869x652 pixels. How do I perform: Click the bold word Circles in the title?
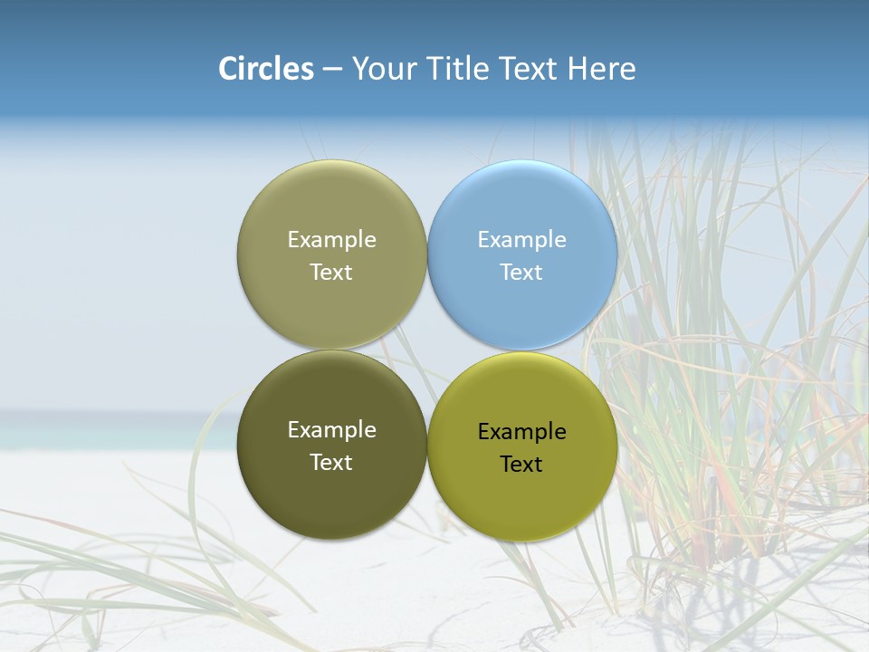tap(266, 69)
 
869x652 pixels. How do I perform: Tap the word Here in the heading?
tap(602, 69)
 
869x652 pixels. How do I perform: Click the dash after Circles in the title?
tap(332, 70)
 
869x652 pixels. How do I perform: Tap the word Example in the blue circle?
tap(522, 240)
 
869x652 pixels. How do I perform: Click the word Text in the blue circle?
tap(522, 273)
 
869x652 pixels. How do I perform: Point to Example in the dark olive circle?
tap(331, 430)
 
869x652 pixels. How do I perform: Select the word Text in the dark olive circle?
tap(331, 463)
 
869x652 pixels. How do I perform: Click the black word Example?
tap(522, 432)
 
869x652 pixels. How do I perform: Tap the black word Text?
tap(522, 465)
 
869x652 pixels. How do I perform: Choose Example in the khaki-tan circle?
tap(331, 240)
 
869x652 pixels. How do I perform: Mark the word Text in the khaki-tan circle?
tap(331, 273)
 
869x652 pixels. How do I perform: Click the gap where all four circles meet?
tap(427, 350)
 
